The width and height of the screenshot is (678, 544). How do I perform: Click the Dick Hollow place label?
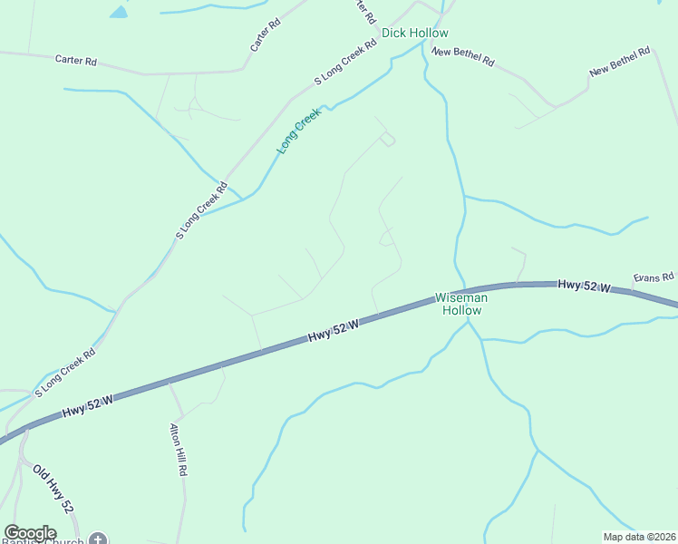(x=414, y=33)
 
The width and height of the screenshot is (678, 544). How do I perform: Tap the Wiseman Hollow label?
(x=461, y=304)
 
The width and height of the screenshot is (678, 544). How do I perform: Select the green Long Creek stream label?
(x=299, y=131)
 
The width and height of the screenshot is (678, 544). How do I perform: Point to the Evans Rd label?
(x=654, y=277)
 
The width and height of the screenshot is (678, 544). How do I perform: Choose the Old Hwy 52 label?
(x=53, y=491)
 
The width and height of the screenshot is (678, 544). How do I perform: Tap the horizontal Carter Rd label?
(x=75, y=60)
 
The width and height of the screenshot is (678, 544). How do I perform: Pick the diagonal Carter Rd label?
(x=266, y=34)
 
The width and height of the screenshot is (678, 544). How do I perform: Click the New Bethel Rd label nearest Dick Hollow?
(x=463, y=56)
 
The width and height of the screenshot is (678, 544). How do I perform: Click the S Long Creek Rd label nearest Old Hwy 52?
(x=64, y=374)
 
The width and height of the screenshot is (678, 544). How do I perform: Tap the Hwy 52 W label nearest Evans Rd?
(x=583, y=286)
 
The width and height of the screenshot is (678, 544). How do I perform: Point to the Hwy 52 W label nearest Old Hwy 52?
(x=87, y=406)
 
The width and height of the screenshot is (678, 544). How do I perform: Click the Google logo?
(x=30, y=533)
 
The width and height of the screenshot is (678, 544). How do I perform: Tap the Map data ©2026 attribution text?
(x=638, y=537)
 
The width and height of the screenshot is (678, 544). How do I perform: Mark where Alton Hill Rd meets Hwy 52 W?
(x=169, y=382)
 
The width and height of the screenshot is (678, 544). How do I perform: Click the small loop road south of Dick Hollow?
(x=388, y=139)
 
